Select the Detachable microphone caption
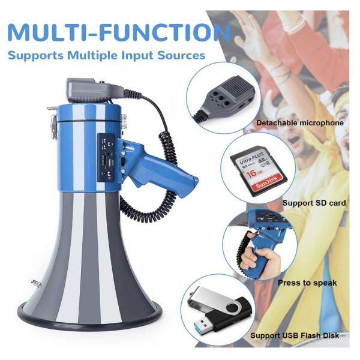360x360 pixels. click(x=300, y=123)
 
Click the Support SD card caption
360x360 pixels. click(x=314, y=203)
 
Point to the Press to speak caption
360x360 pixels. click(x=307, y=283)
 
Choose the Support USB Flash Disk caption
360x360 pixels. click(x=295, y=335)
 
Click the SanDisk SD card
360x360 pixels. click(x=259, y=171)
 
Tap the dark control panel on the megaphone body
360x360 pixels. click(x=107, y=157)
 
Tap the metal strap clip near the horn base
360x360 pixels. click(x=36, y=284)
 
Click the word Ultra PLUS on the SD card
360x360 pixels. click(x=251, y=158)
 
